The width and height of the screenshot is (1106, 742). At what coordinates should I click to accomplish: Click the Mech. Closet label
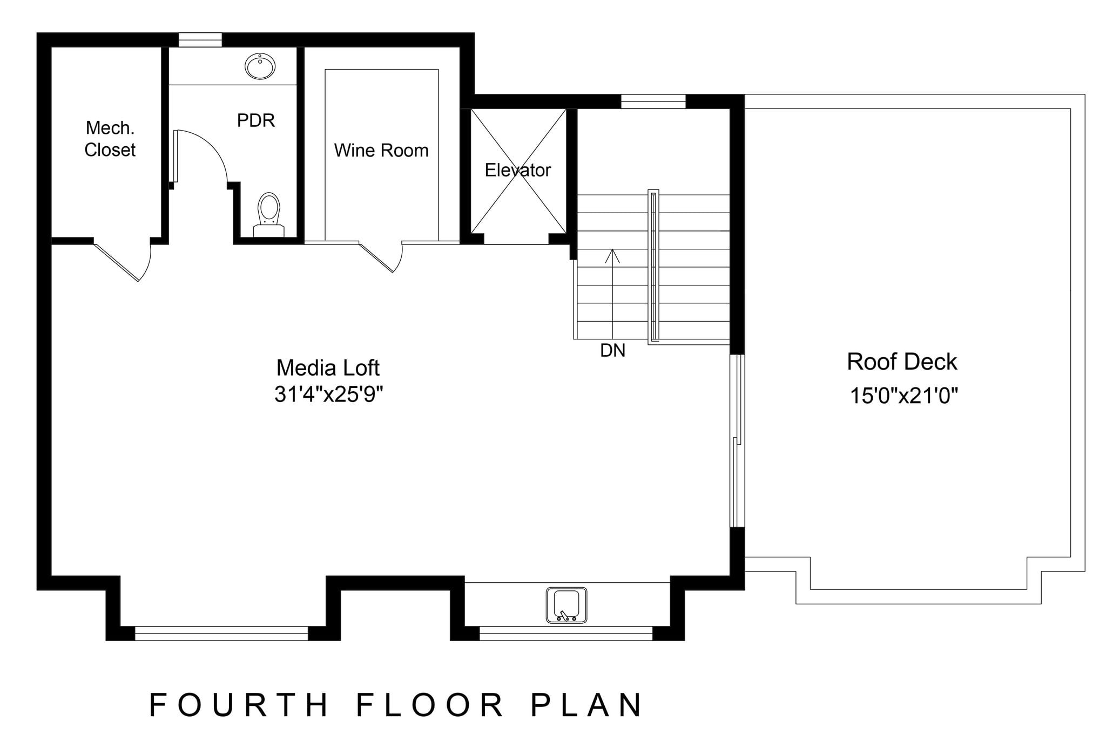pyautogui.click(x=110, y=139)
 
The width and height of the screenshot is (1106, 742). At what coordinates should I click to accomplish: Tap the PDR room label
pyautogui.click(x=256, y=120)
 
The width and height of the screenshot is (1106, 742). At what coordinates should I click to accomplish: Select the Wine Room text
pyautogui.click(x=381, y=151)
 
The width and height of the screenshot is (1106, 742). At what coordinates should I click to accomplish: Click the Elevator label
pyautogui.click(x=517, y=171)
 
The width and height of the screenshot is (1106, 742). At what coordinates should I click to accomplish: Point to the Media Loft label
pyautogui.click(x=328, y=368)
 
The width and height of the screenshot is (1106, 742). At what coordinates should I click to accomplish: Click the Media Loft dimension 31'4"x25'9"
pyautogui.click(x=328, y=394)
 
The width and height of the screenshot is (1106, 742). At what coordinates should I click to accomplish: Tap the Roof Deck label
pyautogui.click(x=902, y=362)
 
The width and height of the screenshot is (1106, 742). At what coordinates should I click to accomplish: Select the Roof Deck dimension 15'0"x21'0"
pyautogui.click(x=903, y=396)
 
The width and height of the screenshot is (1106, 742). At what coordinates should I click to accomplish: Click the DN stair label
pyautogui.click(x=612, y=351)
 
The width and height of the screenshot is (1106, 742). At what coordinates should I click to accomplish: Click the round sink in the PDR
pyautogui.click(x=260, y=66)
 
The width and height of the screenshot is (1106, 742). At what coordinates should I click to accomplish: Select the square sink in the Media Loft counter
pyautogui.click(x=567, y=605)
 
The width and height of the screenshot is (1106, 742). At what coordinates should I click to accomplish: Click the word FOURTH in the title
pyautogui.click(x=239, y=705)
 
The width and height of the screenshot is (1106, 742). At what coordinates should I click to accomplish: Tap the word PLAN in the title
pyautogui.click(x=586, y=705)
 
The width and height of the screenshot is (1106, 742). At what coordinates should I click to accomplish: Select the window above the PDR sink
pyautogui.click(x=200, y=40)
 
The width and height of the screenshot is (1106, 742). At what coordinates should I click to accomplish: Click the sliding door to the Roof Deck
pyautogui.click(x=737, y=440)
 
